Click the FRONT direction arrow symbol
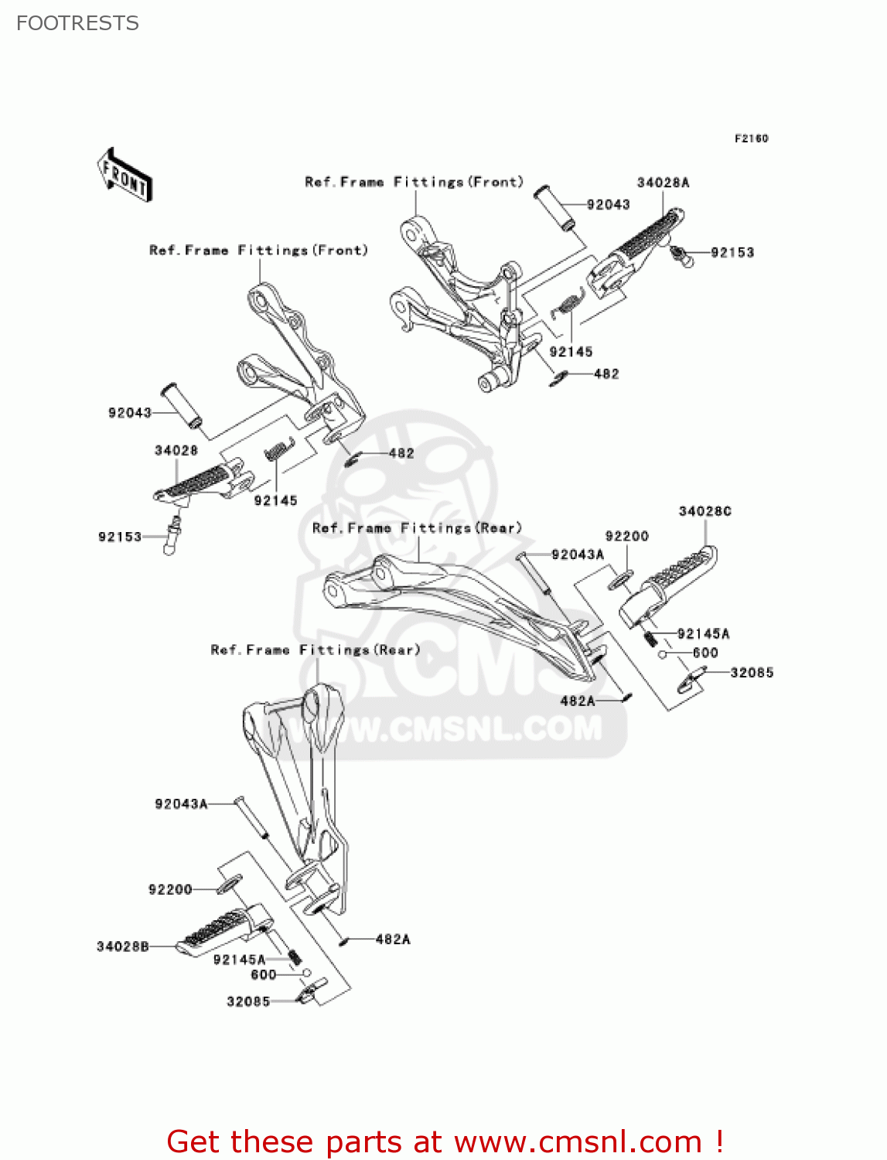point(125,176)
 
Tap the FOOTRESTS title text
point(77,23)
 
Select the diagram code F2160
point(751,138)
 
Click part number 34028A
point(663,183)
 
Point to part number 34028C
point(704,511)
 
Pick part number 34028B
point(122,947)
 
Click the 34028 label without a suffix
point(176,450)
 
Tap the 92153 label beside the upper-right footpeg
point(732,252)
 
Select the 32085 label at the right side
point(752,673)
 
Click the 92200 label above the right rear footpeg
point(626,536)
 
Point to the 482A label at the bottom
point(392,940)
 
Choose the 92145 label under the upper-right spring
point(571,352)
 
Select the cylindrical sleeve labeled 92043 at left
point(181,404)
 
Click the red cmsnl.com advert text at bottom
point(445,1141)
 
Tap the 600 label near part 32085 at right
point(704,653)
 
